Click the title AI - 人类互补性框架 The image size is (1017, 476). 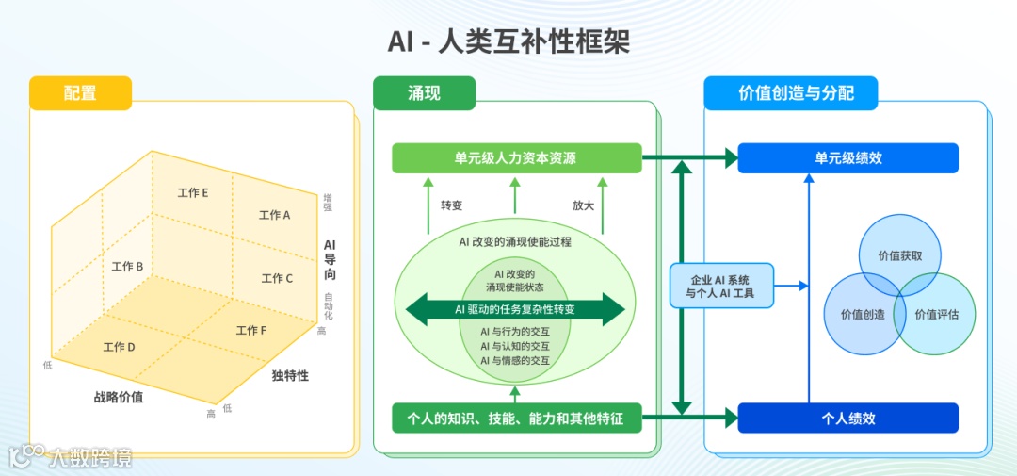pyautogui.click(x=508, y=42)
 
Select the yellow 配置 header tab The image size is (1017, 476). pyautogui.click(x=80, y=92)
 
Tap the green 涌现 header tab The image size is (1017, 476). pyautogui.click(x=424, y=92)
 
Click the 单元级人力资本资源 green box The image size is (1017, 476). pyautogui.click(x=516, y=158)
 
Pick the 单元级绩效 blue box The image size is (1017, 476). pyautogui.click(x=847, y=158)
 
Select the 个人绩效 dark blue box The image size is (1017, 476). pyautogui.click(x=847, y=418)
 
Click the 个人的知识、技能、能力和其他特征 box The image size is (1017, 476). pyautogui.click(x=516, y=418)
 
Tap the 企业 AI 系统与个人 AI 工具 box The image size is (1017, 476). pyautogui.click(x=720, y=285)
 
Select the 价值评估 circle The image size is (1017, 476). pyautogui.click(x=937, y=314)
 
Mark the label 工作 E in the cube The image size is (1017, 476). pyautogui.click(x=193, y=193)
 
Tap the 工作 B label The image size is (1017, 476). pyautogui.click(x=127, y=267)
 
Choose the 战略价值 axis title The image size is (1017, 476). pyautogui.click(x=119, y=397)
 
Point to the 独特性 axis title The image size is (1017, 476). pyautogui.click(x=290, y=376)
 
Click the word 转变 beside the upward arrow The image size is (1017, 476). pyautogui.click(x=451, y=205)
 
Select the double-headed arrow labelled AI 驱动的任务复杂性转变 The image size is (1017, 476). pyautogui.click(x=515, y=308)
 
